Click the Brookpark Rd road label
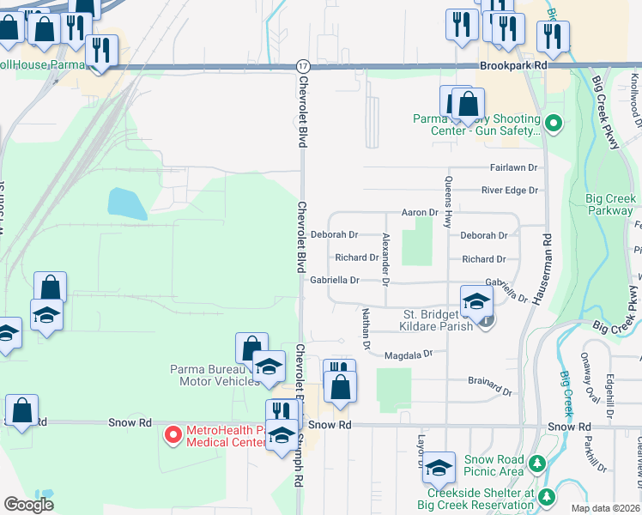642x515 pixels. (x=513, y=65)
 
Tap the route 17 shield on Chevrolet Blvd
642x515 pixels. (x=302, y=66)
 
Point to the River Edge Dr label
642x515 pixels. (x=509, y=191)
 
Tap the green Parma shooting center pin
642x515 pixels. (x=554, y=124)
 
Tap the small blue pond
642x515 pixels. (x=127, y=203)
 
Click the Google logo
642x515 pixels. (x=29, y=505)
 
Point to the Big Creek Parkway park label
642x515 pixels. (x=610, y=204)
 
